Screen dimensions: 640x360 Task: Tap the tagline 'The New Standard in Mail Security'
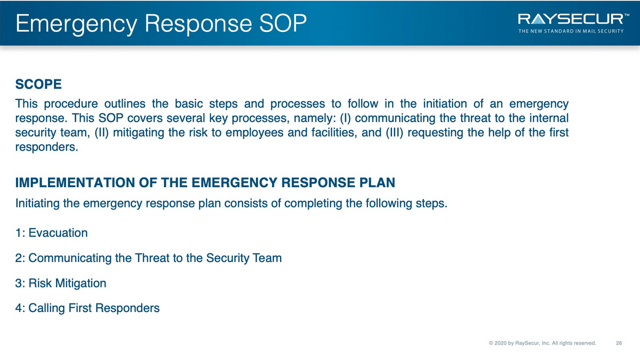571,31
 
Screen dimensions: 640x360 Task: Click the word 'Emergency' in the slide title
77,24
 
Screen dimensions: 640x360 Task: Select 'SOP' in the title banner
283,23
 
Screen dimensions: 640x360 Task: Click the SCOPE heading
38,84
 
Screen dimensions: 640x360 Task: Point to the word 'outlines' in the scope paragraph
125,103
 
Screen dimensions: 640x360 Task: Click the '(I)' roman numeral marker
345,118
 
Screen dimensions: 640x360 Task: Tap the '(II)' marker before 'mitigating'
102,133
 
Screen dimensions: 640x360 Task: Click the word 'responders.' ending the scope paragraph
46,147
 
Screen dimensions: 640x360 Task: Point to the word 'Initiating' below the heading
37,204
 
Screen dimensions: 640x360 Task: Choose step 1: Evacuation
51,233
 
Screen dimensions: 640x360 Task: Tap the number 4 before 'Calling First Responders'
19,308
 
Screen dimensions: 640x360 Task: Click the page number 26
619,343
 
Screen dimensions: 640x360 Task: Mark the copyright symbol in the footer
491,343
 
